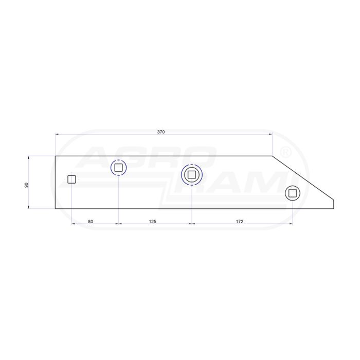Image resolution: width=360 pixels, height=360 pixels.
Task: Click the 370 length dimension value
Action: click(x=161, y=132)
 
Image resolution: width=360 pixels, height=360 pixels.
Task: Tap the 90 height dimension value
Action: click(x=26, y=185)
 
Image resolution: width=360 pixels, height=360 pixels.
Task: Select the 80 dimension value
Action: click(x=91, y=222)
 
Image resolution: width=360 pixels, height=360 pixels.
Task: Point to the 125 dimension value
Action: click(x=152, y=222)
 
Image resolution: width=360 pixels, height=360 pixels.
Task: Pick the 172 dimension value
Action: click(x=240, y=222)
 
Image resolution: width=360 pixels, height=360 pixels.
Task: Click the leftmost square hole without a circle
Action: click(x=71, y=179)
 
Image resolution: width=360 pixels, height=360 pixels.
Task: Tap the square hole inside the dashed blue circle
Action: click(x=118, y=168)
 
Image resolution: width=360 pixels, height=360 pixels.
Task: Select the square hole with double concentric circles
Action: click(x=191, y=175)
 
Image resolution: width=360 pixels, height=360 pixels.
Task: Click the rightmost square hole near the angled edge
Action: click(x=293, y=193)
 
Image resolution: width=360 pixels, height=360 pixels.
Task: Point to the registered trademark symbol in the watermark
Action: click(x=286, y=152)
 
